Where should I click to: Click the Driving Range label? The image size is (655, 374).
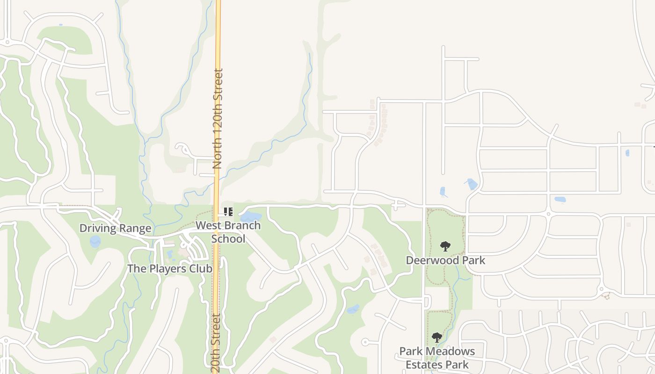click(115, 228)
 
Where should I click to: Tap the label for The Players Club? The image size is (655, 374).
click(170, 269)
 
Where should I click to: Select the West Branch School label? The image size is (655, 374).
click(228, 232)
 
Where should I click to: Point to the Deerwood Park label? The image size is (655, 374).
click(445, 260)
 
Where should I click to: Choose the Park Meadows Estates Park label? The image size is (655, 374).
click(437, 358)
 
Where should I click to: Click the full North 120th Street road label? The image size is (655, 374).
click(218, 119)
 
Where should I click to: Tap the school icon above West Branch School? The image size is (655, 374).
click(228, 212)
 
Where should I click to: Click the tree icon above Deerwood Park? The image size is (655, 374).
click(445, 246)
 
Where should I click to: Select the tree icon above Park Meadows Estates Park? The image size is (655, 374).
click(437, 337)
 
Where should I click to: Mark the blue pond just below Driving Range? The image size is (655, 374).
click(95, 242)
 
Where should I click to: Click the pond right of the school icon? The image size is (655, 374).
click(251, 216)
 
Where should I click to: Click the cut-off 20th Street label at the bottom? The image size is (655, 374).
click(216, 344)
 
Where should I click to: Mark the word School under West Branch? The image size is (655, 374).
click(228, 239)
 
